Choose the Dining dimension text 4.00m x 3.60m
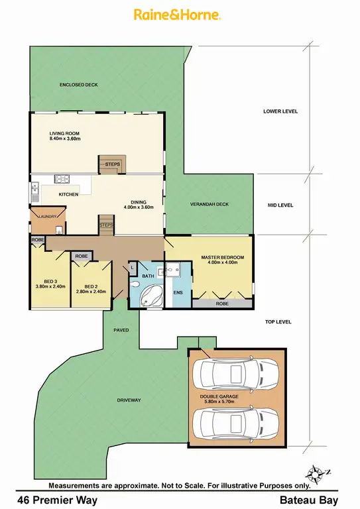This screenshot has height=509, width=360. tap(139, 207)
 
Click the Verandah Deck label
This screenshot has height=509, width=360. tap(209, 204)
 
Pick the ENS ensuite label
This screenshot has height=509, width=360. tap(177, 291)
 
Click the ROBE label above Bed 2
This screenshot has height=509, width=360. tap(82, 256)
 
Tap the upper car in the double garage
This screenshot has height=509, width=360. tap(237, 374)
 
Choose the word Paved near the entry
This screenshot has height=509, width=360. tap(121, 329)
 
